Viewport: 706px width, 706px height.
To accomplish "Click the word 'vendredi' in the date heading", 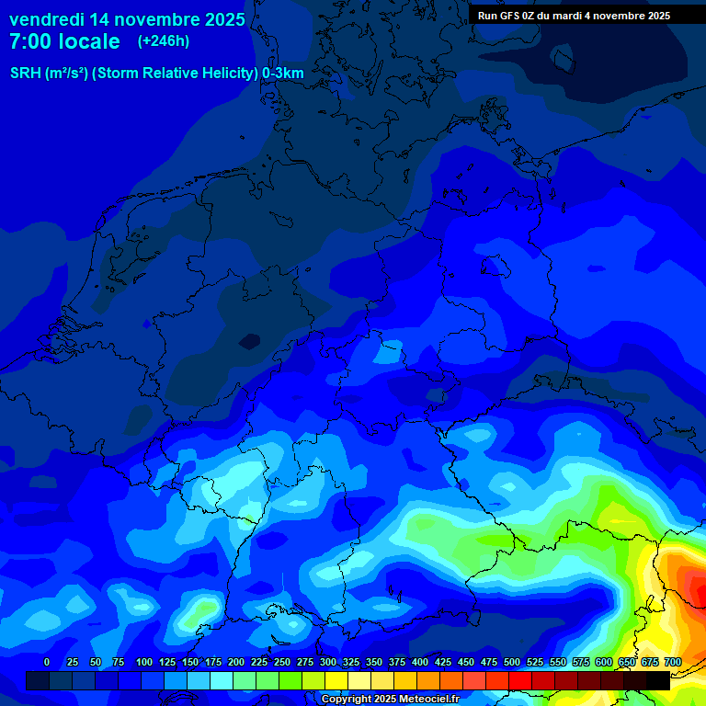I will [x=48, y=19].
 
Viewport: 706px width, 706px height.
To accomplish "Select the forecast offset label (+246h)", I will [x=164, y=41].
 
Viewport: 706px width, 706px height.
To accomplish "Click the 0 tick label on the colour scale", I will [x=47, y=662].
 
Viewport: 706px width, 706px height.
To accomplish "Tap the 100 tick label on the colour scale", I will [x=144, y=662].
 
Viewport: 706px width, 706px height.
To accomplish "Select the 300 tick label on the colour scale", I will [x=328, y=662].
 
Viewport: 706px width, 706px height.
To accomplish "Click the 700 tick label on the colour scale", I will [x=672, y=662].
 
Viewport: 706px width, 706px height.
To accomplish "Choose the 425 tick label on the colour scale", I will [x=443, y=662].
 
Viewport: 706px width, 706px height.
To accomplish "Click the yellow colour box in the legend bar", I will [x=336, y=680].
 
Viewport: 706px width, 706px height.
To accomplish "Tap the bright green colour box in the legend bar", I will [x=290, y=680].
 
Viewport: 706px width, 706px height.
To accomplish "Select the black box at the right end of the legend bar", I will [x=658, y=680].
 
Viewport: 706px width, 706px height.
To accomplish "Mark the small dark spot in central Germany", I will [x=249, y=341].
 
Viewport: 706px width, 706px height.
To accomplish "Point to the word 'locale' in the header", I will [x=89, y=41].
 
